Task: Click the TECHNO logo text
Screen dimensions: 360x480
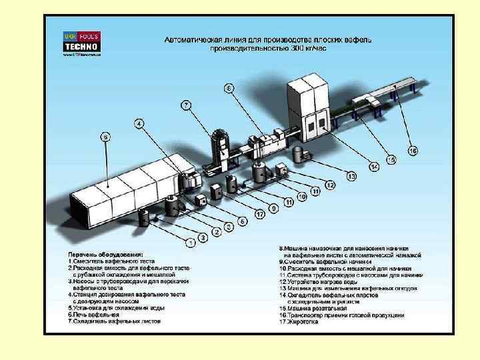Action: pos(81,47)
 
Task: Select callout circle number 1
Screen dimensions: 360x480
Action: pos(190,243)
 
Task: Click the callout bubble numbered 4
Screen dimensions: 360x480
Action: pos(139,123)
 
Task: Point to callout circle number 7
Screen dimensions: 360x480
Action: pos(186,105)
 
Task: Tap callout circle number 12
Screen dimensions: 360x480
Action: pos(330,184)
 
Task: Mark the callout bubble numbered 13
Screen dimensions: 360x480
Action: pos(351,176)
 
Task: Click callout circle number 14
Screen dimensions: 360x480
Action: pos(375,166)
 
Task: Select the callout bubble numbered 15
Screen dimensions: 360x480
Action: pos(391,160)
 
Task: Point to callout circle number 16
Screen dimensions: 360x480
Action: pos(413,151)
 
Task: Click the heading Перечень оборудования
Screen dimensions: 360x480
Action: pos(105,254)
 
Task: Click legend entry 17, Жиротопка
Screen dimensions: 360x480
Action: pos(300,322)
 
